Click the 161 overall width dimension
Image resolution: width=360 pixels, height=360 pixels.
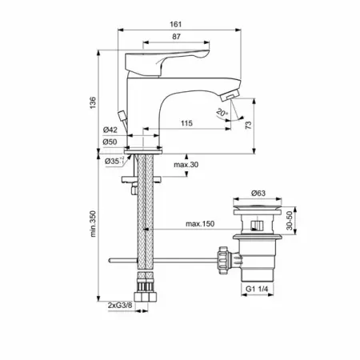pos(176,24)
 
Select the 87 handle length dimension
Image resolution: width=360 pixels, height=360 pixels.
pos(176,37)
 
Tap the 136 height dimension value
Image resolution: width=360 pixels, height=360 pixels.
pos(93,102)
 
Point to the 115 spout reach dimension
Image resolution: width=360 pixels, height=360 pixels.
pos(186,123)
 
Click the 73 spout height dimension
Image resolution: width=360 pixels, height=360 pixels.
pos(248,125)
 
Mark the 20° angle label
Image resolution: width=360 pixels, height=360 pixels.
pos(222,113)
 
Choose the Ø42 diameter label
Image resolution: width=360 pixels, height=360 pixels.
pos(110,130)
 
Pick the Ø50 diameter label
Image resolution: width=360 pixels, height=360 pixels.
pos(110,142)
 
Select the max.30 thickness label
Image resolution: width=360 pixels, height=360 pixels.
pos(186,165)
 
